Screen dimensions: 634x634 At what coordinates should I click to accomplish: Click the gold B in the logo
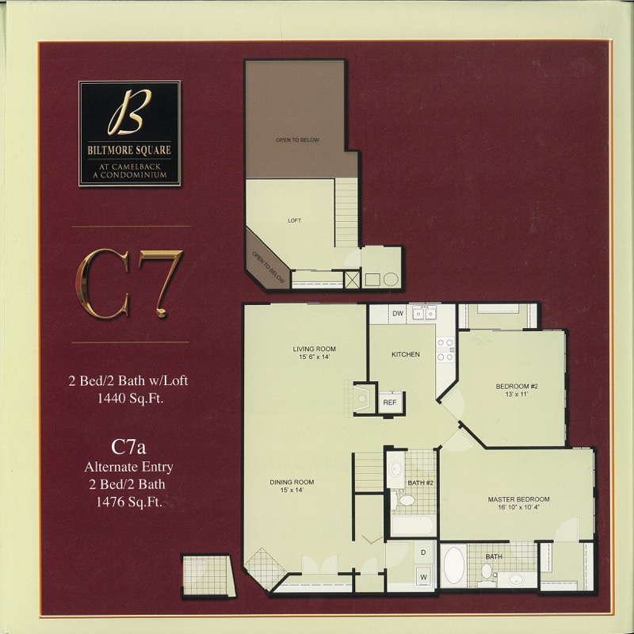coord(129,113)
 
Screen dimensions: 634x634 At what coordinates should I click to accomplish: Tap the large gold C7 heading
coord(129,284)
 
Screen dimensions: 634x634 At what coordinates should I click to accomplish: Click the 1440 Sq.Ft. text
coord(130,399)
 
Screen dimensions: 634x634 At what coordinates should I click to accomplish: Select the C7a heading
coord(128,448)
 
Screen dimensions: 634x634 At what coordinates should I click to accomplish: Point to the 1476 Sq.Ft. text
coord(129,502)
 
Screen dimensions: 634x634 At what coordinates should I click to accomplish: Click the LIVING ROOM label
coord(314,349)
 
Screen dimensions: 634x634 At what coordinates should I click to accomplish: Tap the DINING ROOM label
coord(292,482)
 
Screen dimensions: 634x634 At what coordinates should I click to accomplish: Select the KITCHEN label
coord(406,354)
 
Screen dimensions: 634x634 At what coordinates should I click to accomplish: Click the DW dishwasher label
coord(398,313)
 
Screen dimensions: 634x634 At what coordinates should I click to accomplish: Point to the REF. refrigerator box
coord(391,403)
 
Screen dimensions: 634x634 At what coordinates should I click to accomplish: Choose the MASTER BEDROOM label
coord(519,499)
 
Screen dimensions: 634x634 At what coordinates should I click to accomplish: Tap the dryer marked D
coord(423,552)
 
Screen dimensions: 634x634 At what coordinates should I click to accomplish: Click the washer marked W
coord(423,577)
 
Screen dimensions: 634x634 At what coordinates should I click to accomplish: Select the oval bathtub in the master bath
coord(454,565)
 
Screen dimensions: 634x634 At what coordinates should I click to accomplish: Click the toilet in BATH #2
coord(404,500)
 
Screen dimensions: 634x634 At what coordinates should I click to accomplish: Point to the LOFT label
coord(294,221)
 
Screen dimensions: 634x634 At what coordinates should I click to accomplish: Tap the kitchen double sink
coord(424,313)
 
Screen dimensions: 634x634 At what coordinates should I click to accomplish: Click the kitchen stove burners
coord(445,349)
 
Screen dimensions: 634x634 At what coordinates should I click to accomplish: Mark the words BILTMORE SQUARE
coord(129,151)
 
